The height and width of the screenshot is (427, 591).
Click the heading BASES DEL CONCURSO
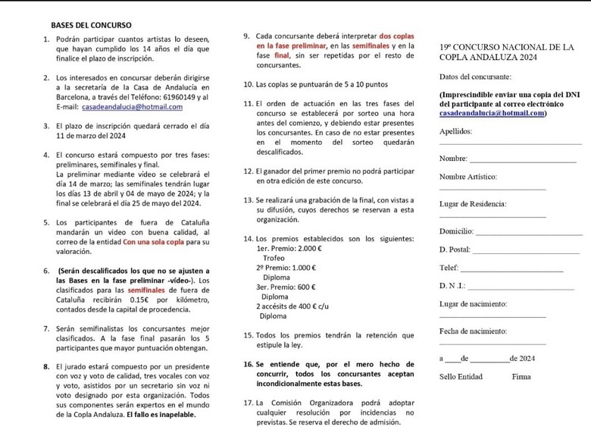(91, 25)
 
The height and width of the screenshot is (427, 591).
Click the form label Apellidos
(455, 131)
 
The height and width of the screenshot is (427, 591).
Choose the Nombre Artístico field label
(467, 176)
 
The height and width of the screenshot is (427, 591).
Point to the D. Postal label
(454, 250)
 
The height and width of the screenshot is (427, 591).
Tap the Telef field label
(449, 268)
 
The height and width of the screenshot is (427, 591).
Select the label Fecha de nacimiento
(473, 331)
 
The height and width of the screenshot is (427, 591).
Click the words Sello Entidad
(461, 376)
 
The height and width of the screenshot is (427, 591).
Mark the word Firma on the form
(521, 376)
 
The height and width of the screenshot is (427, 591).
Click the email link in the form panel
(492, 113)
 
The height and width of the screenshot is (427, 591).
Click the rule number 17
(249, 403)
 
